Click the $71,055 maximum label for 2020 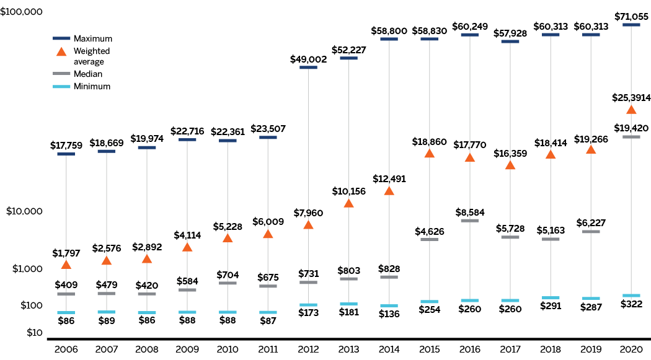pos(631,15)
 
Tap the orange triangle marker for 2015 pos(429,153)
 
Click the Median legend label pos(88,74)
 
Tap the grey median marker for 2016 pos(469,221)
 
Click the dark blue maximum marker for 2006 pos(66,154)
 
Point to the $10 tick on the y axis pos(30,333)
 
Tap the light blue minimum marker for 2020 pos(631,296)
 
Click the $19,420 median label pos(631,128)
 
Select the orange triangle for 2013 pos(348,203)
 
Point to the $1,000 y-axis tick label pos(25,268)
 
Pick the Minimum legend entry pos(92,86)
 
